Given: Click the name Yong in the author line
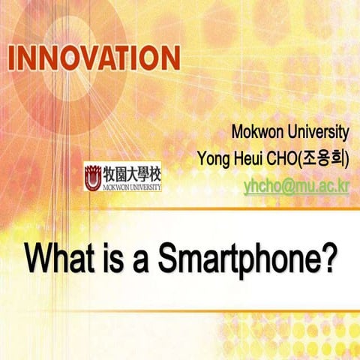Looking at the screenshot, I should [x=212, y=159].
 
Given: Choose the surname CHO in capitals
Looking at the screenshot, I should [x=289, y=159].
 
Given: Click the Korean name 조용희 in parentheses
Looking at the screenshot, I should [x=325, y=159].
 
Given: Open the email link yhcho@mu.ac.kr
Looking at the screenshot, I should [x=296, y=184].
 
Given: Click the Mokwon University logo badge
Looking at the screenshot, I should [x=123, y=178].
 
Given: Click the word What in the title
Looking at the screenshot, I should [x=58, y=259].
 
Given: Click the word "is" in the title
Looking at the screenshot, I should [x=110, y=259].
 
